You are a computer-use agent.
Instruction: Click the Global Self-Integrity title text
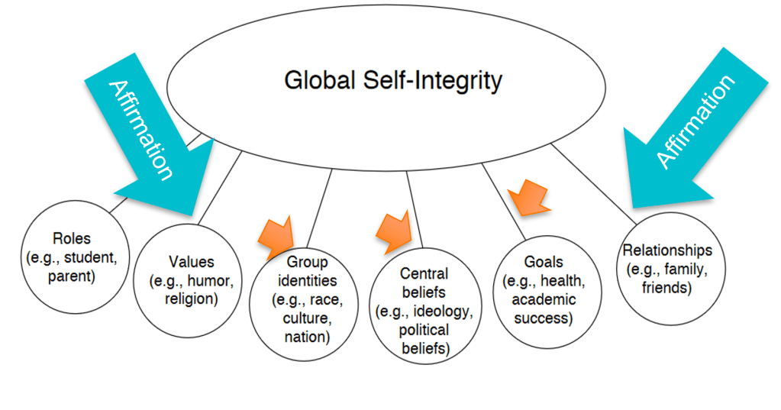point(393,80)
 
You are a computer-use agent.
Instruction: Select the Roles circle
point(71,256)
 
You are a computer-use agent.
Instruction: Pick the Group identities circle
point(307,302)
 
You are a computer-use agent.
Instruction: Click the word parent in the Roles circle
point(71,276)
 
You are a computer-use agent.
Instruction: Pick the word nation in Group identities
point(307,337)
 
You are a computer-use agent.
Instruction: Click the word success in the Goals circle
point(543,318)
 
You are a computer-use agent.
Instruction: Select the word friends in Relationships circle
point(668,288)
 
